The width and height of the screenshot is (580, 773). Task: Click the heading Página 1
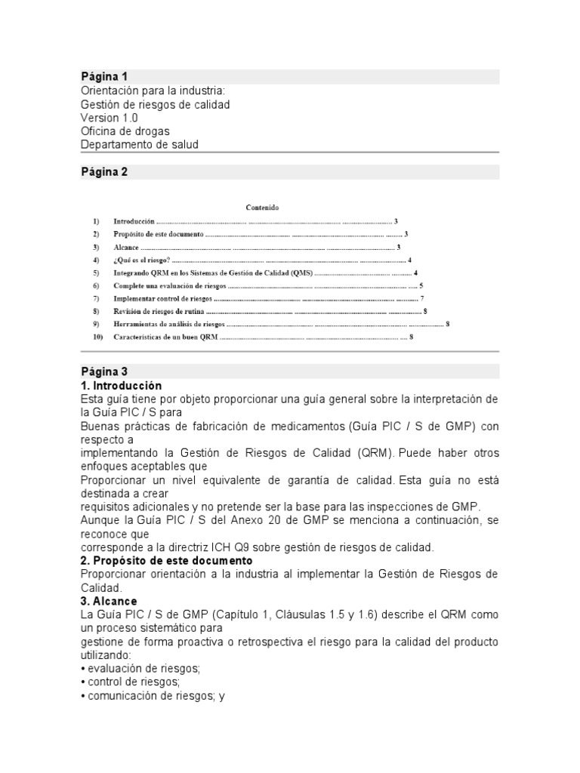pos(104,77)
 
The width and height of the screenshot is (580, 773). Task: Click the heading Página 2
pos(104,172)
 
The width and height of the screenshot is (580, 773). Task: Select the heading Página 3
pos(104,371)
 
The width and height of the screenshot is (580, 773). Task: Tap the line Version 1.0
pos(109,118)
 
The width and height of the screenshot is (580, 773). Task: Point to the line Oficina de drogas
pos(125,131)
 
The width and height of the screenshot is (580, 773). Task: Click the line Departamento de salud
pos(140,145)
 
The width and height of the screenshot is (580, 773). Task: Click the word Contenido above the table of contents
pos(262,207)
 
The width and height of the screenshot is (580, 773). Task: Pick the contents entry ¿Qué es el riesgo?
pos(142,260)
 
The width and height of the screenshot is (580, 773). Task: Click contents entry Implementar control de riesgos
pos(162,298)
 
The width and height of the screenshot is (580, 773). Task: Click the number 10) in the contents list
pos(97,337)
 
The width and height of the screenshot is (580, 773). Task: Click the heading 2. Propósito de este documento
pos(167,561)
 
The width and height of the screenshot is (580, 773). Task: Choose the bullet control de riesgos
pos(129,682)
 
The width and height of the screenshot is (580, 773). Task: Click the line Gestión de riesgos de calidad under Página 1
pos(155,104)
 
